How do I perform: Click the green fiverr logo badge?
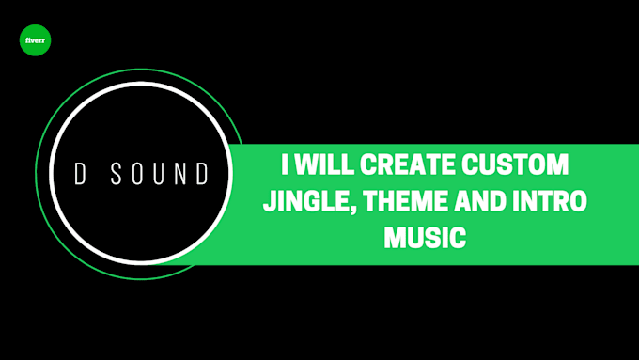[x=35, y=41]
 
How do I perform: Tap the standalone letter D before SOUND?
[x=81, y=174]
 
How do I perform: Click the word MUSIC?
[x=425, y=237]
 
